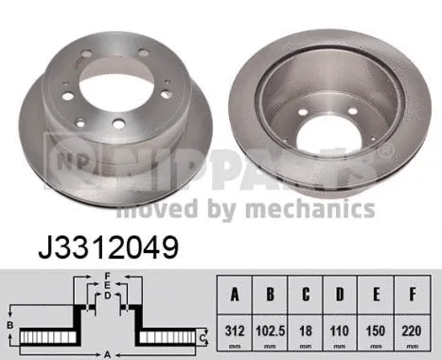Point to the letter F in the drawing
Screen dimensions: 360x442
click(110, 277)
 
